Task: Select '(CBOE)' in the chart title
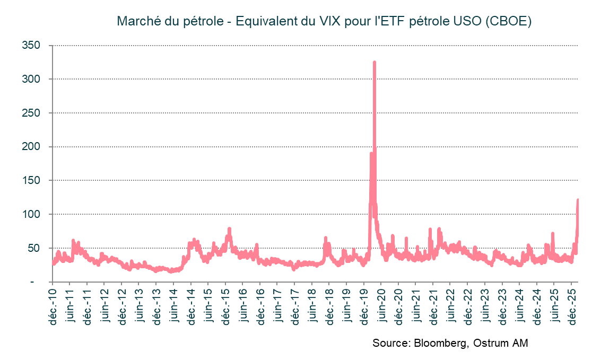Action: point(508,22)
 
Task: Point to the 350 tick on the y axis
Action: point(32,46)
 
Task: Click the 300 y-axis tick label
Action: point(32,79)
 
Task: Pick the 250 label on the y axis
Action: point(32,113)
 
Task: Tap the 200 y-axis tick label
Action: point(32,147)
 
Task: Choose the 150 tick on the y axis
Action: point(32,181)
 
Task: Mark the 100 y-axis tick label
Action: point(32,214)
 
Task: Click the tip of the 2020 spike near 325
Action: point(374,63)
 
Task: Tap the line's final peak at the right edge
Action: point(578,200)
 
